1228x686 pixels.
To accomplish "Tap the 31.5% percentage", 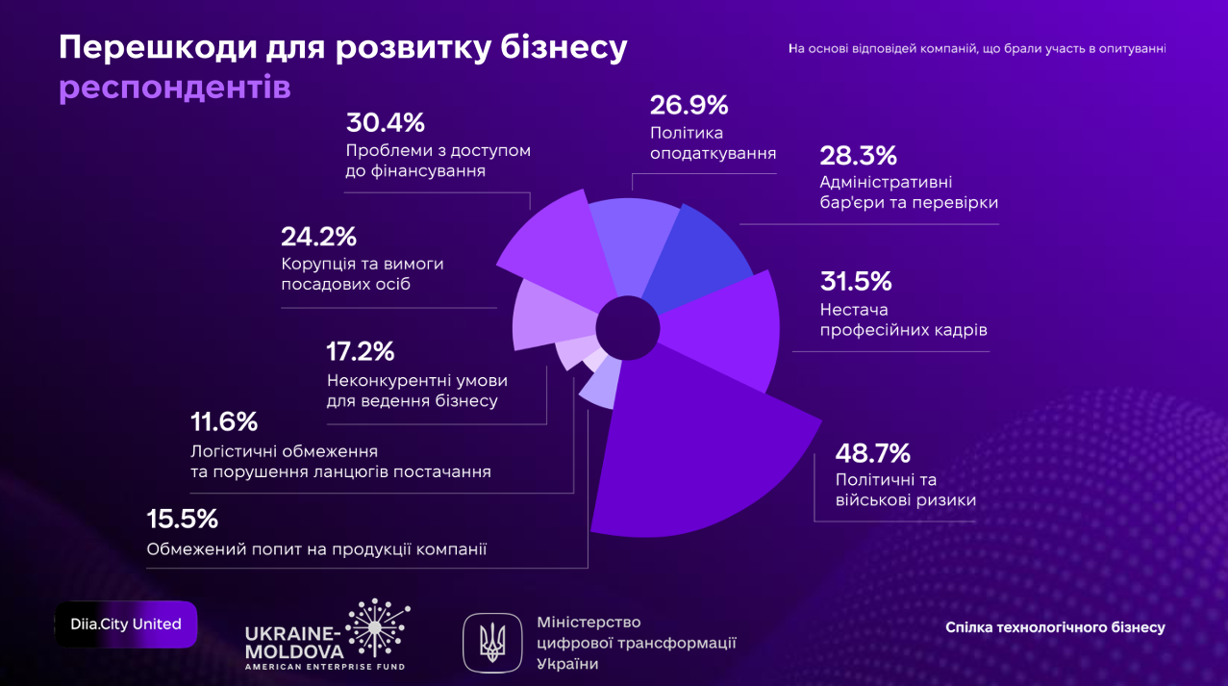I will (856, 281).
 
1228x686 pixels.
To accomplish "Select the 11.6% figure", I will (224, 421).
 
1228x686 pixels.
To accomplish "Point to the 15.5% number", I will (183, 520).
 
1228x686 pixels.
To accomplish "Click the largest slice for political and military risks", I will (702, 443).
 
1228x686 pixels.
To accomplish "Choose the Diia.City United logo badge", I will (126, 624).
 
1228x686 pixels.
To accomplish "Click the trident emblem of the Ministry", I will (493, 642).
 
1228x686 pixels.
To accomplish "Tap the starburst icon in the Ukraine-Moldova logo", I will (378, 627).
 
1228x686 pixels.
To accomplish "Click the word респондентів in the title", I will (175, 89).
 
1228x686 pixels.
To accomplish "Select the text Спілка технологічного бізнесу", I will (1055, 627).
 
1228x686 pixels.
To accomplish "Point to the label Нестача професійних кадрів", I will (903, 319).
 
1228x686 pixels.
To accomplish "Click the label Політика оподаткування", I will (713, 142).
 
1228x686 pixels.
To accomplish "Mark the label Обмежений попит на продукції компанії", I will (316, 549).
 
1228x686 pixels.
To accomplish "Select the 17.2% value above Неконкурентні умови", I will (361, 351).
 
